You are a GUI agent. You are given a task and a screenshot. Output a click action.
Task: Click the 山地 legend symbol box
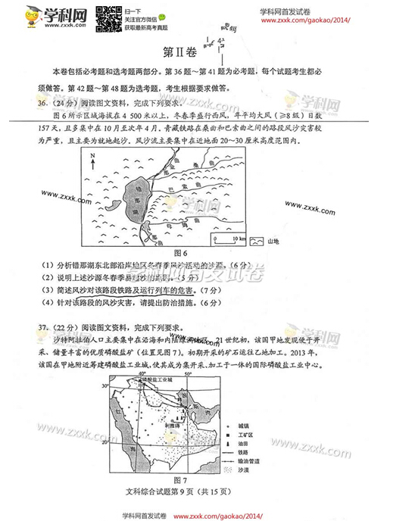click(257, 240)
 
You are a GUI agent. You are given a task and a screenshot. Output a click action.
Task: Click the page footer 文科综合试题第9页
click(179, 492)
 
